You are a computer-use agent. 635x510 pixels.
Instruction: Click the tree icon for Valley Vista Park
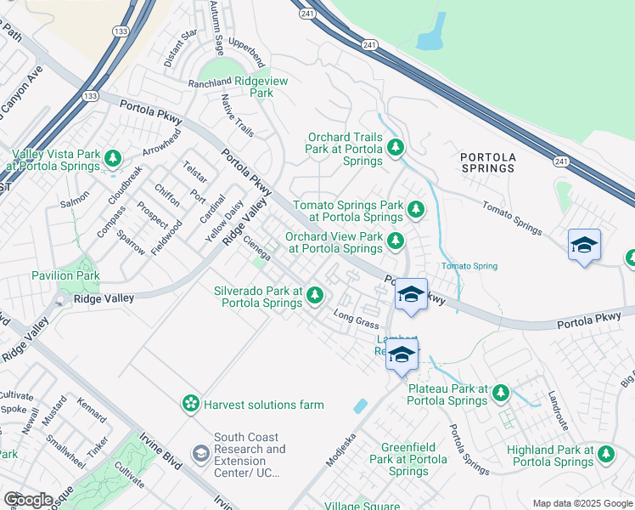(x=112, y=158)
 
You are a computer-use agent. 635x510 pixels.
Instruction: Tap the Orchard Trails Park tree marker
(x=395, y=149)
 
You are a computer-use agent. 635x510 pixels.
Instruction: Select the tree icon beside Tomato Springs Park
(x=415, y=208)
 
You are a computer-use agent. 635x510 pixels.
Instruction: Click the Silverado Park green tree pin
(x=315, y=296)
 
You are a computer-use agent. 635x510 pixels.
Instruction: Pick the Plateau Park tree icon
(x=501, y=393)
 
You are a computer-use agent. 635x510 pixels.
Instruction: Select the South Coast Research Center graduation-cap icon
(x=200, y=454)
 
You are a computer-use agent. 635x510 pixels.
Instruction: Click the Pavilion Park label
(x=65, y=275)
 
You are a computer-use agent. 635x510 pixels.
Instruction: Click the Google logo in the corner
(x=28, y=500)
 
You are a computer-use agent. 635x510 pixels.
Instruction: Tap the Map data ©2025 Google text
(x=582, y=503)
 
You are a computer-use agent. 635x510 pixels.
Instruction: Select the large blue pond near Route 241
(x=431, y=32)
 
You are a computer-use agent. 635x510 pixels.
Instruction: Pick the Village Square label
(x=364, y=505)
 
